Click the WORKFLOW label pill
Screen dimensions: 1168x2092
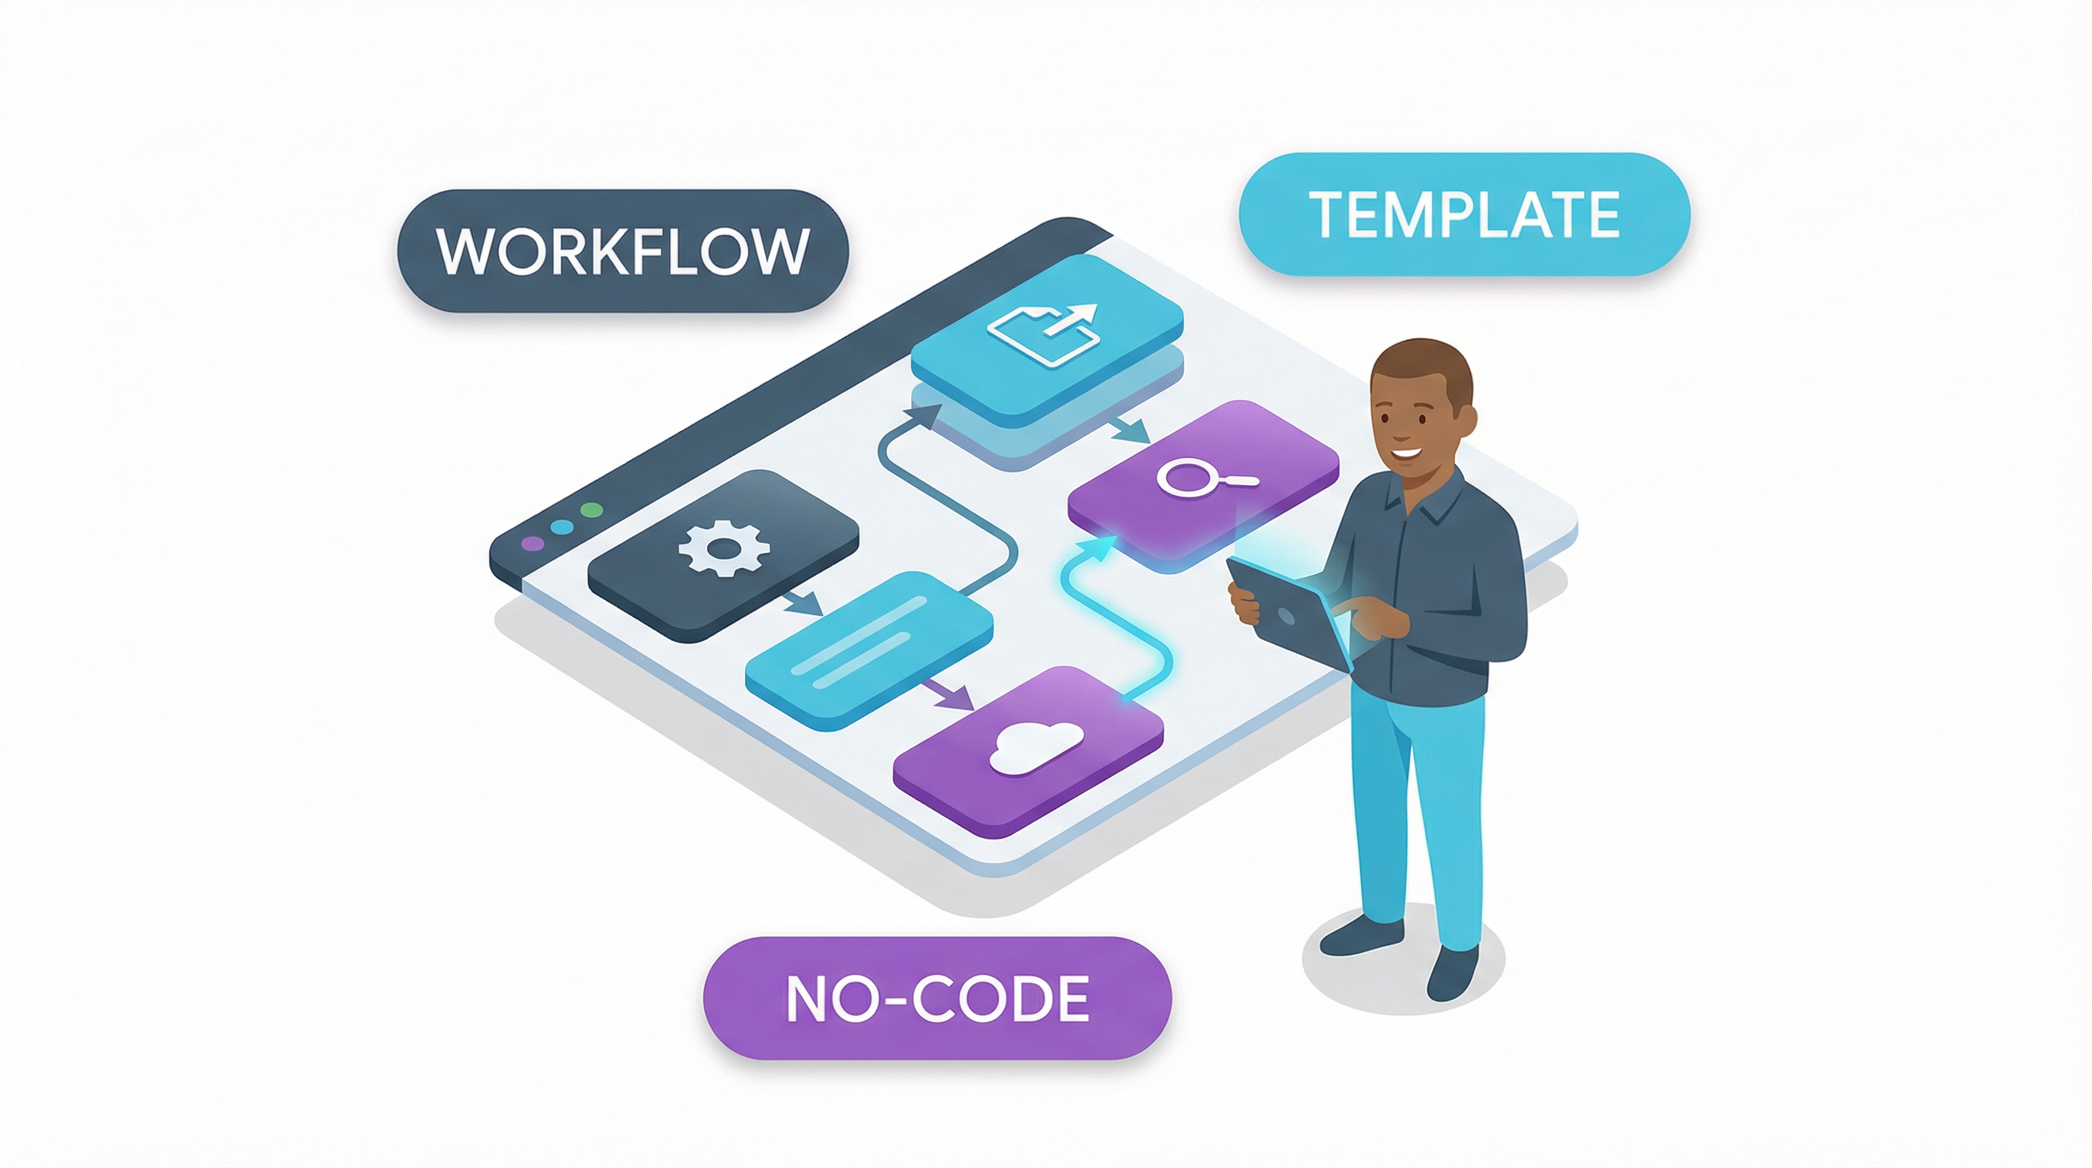tap(622, 251)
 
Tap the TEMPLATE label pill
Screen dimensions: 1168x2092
tap(1463, 214)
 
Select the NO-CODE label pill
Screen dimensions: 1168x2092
tap(937, 998)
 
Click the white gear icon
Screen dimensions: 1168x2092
tap(724, 548)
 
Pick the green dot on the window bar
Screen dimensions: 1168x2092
tap(592, 510)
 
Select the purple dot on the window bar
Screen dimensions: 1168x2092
tap(533, 544)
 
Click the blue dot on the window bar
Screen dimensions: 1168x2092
tap(562, 527)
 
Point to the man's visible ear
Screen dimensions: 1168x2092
tap(1466, 418)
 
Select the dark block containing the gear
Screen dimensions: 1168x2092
tap(723, 556)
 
